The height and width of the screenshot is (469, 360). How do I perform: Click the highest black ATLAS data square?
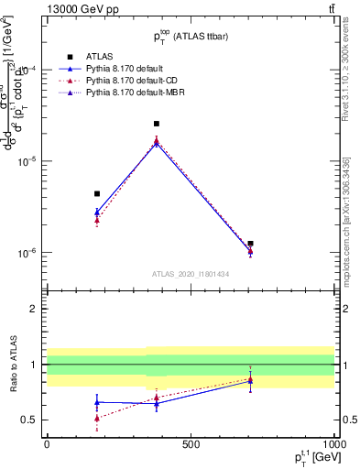click(157, 124)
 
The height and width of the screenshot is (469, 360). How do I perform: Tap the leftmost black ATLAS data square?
click(97, 194)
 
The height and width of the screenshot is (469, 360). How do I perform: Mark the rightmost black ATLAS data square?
click(250, 244)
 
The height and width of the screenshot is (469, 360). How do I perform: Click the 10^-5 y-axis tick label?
click(28, 161)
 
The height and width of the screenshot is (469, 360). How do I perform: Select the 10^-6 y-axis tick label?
click(28, 253)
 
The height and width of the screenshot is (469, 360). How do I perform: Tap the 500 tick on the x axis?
click(191, 444)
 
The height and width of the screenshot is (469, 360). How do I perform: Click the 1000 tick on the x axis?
click(333, 444)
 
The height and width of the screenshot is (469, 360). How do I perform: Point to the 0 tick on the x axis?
click(47, 444)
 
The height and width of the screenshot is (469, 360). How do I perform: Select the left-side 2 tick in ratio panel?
click(34, 310)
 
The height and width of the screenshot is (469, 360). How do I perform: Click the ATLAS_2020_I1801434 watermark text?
click(191, 275)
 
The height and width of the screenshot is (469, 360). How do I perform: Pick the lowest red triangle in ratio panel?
click(97, 418)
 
